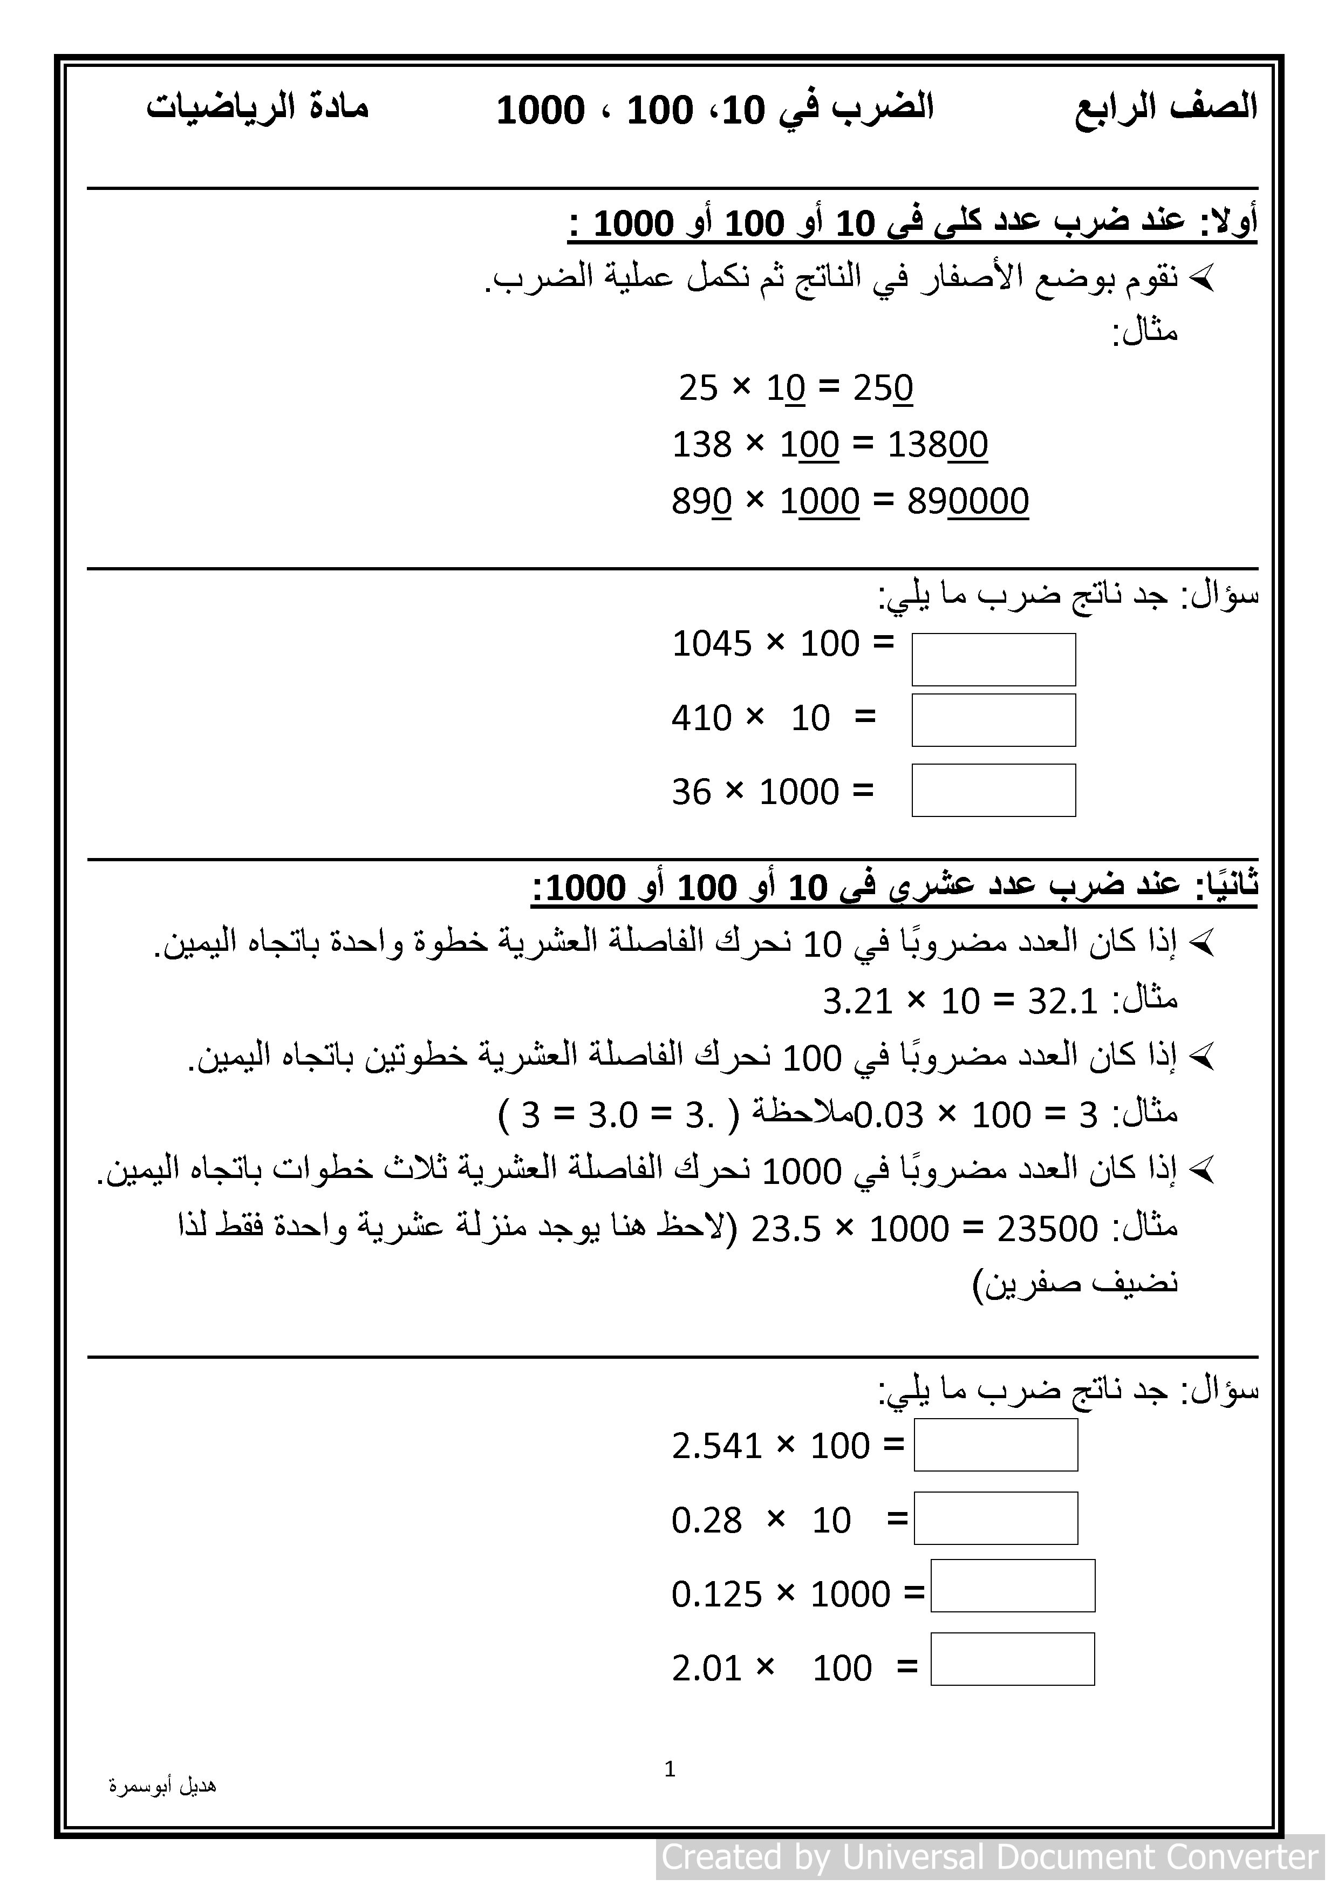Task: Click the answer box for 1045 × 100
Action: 993,659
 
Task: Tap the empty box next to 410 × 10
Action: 993,720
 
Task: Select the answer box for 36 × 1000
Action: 993,790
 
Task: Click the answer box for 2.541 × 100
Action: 996,1445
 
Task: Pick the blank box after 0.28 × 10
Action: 996,1518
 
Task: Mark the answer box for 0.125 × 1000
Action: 1012,1585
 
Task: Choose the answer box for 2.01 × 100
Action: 1012,1659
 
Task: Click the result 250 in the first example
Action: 883,387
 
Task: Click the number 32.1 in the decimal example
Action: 1063,1002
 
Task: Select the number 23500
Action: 1047,1229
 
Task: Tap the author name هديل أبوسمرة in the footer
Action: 162,1786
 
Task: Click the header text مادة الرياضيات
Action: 257,108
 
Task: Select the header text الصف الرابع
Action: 1166,108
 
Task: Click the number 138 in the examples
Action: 702,445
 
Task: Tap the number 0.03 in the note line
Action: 888,1115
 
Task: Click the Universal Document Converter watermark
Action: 989,1857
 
